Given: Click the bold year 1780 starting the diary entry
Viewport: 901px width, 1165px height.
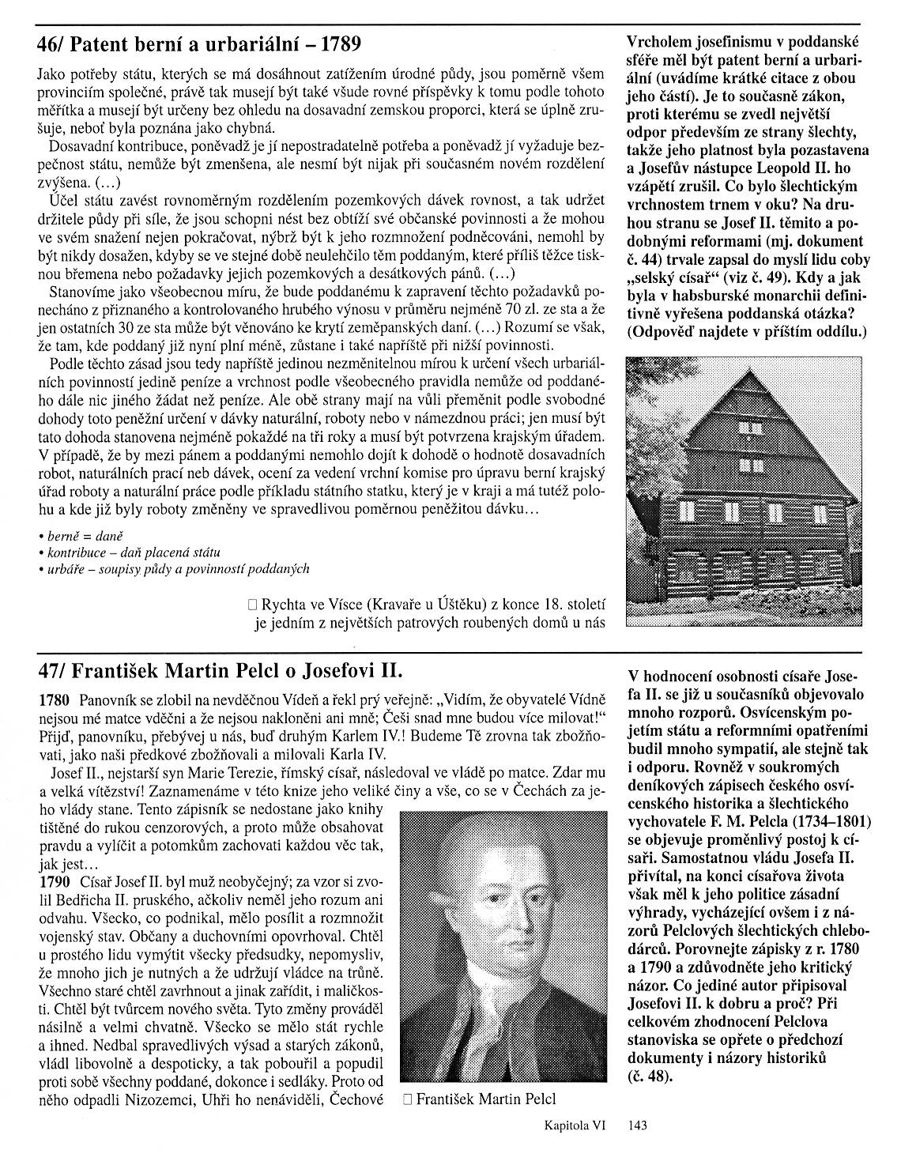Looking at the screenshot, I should coord(54,699).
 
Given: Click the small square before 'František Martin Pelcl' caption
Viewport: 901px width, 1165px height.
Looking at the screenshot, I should coord(406,1099).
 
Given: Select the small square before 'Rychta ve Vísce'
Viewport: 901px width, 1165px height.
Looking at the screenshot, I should coord(252,605).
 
